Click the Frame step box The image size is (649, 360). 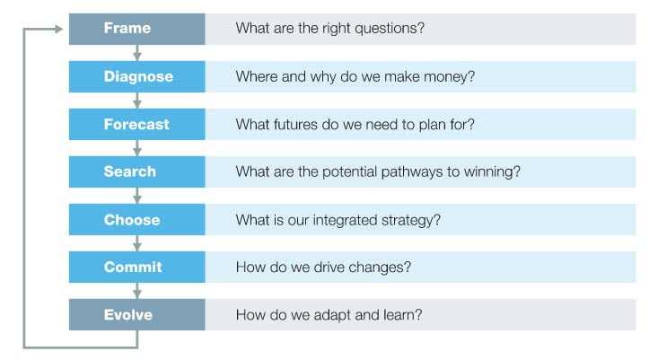137,29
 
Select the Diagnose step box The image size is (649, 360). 137,76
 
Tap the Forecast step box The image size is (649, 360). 137,124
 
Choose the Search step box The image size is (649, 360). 137,171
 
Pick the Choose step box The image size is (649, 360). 137,219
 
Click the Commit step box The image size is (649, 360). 137,267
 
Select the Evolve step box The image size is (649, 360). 137,314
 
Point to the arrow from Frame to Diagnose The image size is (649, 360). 137,53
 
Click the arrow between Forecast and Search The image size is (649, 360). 137,148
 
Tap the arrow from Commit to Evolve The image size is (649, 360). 137,291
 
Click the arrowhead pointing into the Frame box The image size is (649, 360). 59,29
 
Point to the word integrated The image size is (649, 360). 346,220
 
